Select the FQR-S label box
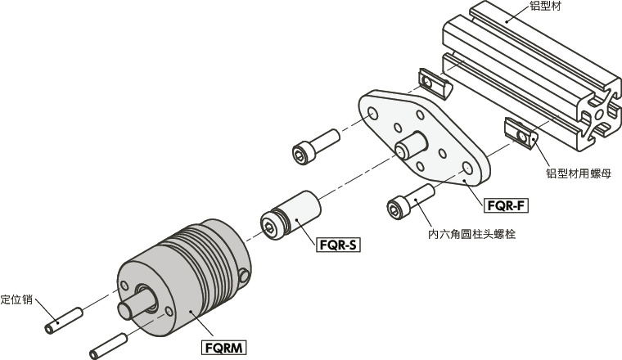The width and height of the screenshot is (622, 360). (339, 245)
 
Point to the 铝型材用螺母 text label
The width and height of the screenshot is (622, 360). (579, 174)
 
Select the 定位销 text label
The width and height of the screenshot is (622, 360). (16, 299)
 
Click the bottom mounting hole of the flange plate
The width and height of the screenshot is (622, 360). (466, 169)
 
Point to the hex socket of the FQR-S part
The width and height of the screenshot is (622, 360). (270, 226)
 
